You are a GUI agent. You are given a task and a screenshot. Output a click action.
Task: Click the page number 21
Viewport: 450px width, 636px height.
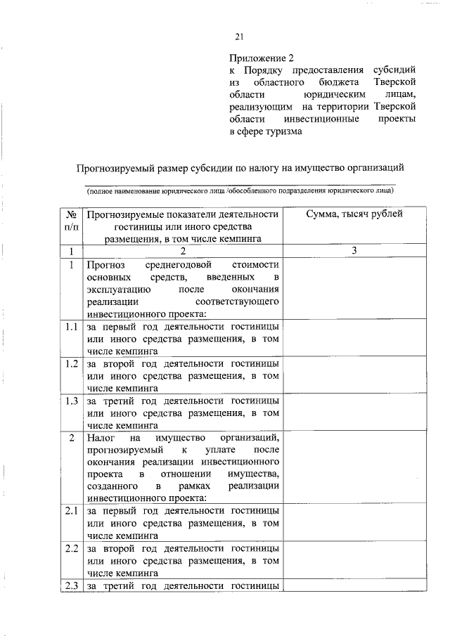239,37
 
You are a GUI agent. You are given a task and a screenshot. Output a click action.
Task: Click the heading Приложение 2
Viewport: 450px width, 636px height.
259,57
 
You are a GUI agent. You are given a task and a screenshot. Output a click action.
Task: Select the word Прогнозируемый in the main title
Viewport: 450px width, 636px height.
115,167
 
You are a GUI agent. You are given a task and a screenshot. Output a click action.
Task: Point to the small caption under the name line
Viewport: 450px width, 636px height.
240,190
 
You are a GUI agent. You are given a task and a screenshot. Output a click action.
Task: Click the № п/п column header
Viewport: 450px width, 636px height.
71,221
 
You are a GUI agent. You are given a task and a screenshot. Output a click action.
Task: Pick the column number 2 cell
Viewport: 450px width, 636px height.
182,251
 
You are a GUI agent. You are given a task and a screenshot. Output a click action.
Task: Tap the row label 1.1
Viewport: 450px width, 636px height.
71,327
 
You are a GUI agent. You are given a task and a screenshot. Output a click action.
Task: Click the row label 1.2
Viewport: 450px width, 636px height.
71,364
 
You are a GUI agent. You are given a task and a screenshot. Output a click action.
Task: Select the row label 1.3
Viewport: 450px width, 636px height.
71,401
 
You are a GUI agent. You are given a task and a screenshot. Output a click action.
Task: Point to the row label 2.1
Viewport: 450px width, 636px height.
71,511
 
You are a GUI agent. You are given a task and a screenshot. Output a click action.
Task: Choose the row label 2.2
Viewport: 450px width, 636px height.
71,547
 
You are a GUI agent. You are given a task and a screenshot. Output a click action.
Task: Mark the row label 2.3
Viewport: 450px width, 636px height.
71,585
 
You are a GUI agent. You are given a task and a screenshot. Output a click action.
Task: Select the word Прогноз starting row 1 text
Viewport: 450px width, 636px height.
106,265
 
